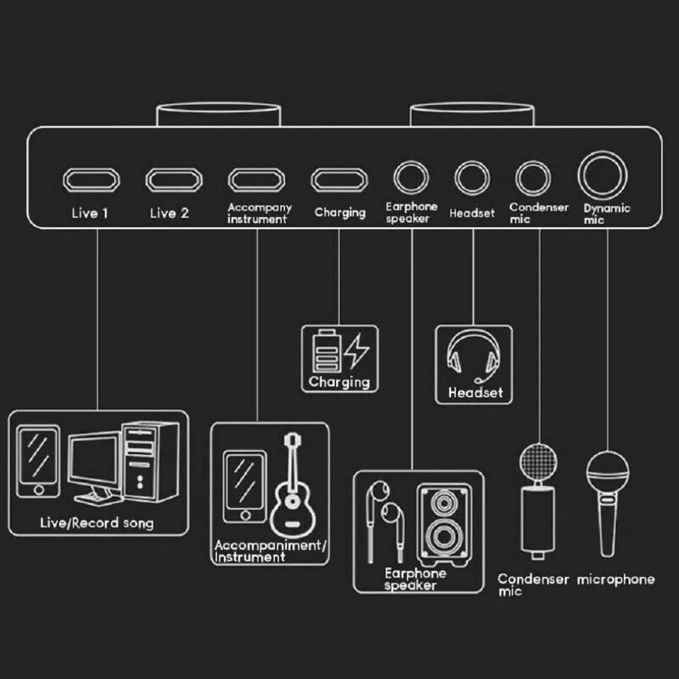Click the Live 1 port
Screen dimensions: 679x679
[91, 179]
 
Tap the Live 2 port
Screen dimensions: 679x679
[173, 179]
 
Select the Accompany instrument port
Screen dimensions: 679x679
[256, 179]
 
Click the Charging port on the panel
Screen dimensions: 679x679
[339, 179]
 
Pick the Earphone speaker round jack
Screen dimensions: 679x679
[411, 178]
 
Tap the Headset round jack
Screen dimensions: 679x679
[472, 178]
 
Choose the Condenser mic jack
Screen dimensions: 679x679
[533, 178]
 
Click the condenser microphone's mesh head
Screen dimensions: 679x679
[540, 461]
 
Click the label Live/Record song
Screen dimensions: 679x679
[97, 522]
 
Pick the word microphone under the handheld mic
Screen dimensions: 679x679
[615, 579]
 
